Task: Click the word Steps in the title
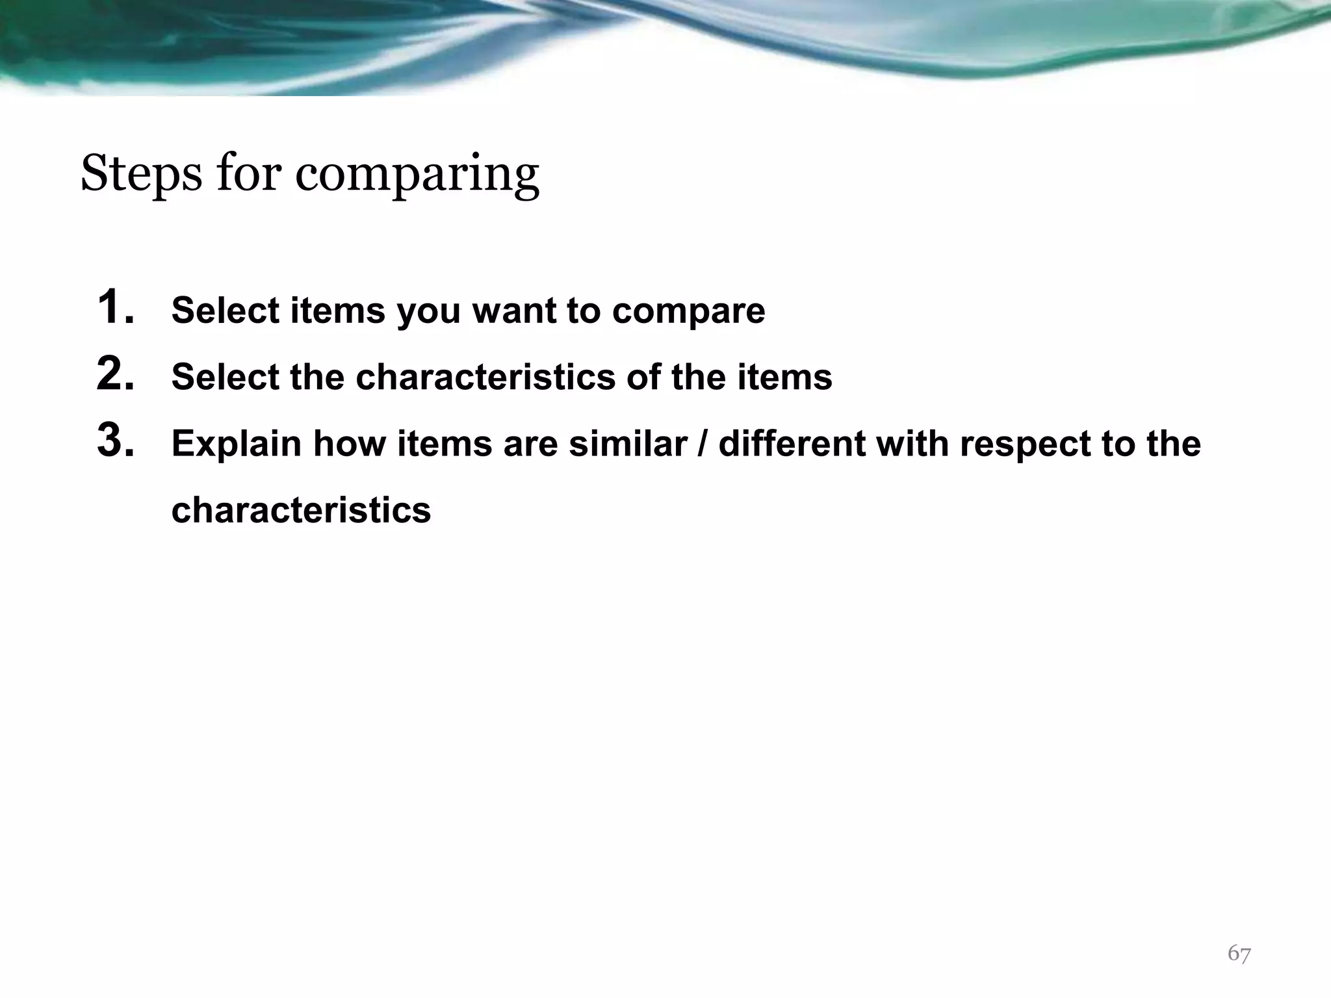(141, 174)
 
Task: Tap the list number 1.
(116, 308)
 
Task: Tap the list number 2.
(116, 375)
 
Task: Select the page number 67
(1239, 954)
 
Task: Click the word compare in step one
(688, 311)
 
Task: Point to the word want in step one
(514, 311)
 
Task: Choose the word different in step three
(792, 444)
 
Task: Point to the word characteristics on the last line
(301, 510)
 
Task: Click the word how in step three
(349, 444)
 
